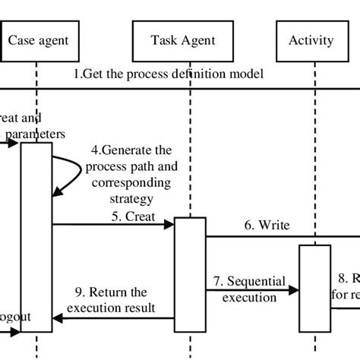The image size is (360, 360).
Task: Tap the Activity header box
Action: click(x=311, y=39)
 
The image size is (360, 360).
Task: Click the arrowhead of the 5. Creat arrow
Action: click(x=170, y=225)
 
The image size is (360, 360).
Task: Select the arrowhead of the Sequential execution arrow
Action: click(x=295, y=289)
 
